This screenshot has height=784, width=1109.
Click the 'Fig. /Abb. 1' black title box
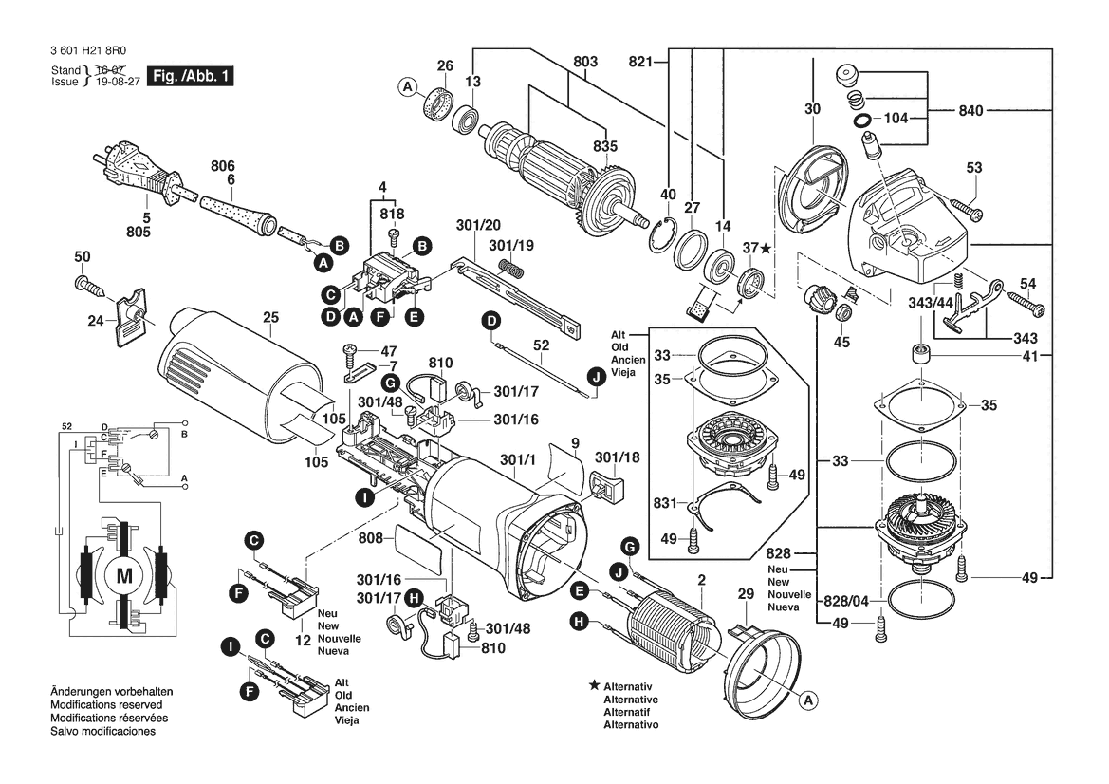(190, 76)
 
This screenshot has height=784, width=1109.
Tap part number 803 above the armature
(585, 62)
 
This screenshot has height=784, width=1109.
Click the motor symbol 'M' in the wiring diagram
(124, 576)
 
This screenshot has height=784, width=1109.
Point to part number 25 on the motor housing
(271, 318)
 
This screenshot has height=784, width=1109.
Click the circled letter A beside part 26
(407, 87)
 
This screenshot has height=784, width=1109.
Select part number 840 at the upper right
(971, 110)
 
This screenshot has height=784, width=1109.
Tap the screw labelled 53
(966, 208)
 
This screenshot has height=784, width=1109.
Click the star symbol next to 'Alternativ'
(595, 685)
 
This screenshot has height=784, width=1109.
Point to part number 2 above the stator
(702, 580)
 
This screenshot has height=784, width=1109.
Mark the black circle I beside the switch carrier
(364, 497)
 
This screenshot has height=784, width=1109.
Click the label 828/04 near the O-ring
(846, 601)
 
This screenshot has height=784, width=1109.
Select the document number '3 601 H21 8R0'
(88, 51)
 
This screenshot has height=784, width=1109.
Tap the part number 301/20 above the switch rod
(478, 225)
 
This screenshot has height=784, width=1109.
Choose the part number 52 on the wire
(541, 345)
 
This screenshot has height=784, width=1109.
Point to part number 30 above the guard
(813, 109)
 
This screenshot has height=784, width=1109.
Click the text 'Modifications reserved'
(106, 705)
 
